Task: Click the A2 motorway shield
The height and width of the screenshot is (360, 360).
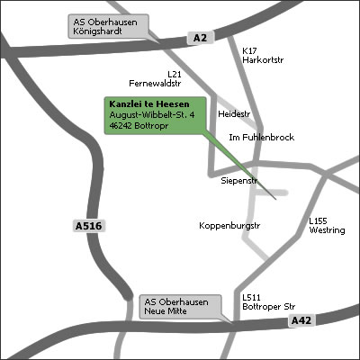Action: tap(199, 37)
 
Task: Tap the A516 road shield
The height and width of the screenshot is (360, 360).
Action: tap(87, 227)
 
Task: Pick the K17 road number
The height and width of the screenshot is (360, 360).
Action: tap(249, 51)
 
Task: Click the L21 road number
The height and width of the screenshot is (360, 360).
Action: tap(175, 73)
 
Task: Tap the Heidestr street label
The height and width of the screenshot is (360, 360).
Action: tap(233, 114)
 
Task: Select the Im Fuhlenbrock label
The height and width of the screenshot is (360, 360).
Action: tap(262, 138)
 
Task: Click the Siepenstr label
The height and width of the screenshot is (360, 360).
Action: tap(239, 181)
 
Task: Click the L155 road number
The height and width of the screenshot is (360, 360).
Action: tap(319, 220)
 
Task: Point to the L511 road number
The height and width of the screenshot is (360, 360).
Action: tap(251, 297)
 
